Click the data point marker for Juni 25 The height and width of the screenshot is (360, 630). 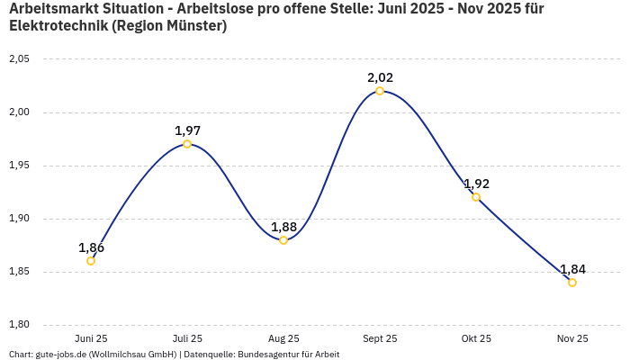pyautogui.click(x=91, y=261)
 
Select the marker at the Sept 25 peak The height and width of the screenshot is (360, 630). pyautogui.click(x=380, y=91)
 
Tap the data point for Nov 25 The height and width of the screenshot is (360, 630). pyautogui.click(x=572, y=283)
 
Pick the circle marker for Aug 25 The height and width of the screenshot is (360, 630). pyautogui.click(x=283, y=240)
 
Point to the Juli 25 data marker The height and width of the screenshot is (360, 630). pyautogui.click(x=187, y=144)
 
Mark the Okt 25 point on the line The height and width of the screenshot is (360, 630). pyautogui.click(x=476, y=197)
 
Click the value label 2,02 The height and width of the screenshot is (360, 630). pyautogui.click(x=380, y=77)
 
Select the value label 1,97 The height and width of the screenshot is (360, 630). pyautogui.click(x=187, y=130)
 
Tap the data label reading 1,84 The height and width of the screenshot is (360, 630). pyautogui.click(x=572, y=269)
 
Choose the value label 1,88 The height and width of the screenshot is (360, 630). pyautogui.click(x=283, y=227)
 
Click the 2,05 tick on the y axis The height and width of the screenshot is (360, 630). pyautogui.click(x=19, y=59)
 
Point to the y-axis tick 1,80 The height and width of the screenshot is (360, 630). pyautogui.click(x=19, y=325)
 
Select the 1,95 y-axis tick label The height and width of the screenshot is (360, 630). pyautogui.click(x=19, y=166)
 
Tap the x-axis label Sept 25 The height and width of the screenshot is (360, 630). pyautogui.click(x=380, y=338)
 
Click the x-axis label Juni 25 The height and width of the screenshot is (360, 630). pyautogui.click(x=91, y=338)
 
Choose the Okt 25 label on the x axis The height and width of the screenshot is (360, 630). pyautogui.click(x=476, y=338)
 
